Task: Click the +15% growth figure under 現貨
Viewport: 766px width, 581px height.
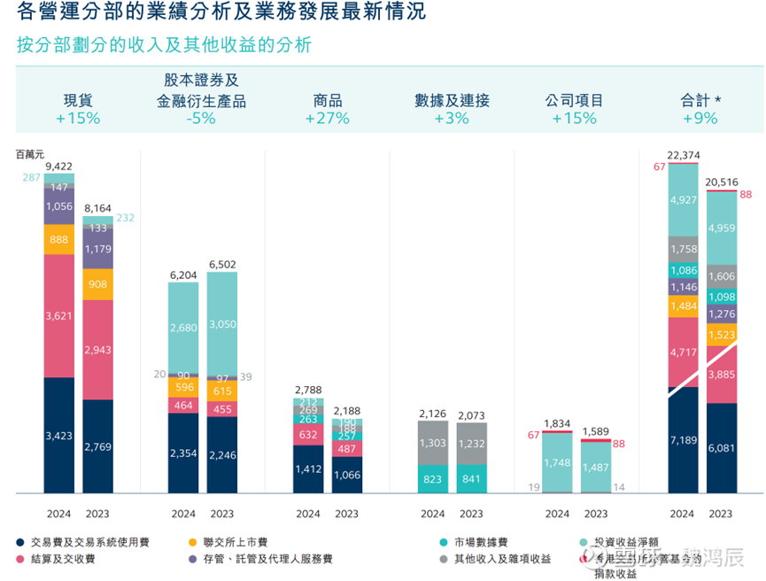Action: coord(78,119)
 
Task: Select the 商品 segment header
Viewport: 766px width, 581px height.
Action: coord(328,101)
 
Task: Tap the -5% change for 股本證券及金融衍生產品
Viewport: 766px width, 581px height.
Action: coord(201,119)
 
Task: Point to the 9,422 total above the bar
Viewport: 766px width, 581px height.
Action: coord(59,167)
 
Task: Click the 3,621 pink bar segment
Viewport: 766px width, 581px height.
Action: coord(59,315)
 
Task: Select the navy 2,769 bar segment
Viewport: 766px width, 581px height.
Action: coord(98,445)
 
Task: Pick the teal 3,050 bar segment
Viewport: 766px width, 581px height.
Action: coord(222,324)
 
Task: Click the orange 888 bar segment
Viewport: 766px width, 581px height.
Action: coord(59,239)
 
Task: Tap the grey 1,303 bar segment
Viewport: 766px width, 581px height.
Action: coord(433,443)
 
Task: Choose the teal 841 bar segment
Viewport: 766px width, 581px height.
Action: coord(471,479)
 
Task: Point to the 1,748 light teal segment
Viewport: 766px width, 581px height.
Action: coord(558,462)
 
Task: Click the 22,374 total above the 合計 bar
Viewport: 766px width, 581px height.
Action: coord(683,156)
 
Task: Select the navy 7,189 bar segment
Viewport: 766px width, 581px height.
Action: coord(683,440)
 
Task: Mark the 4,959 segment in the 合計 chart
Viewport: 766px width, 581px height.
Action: coord(722,228)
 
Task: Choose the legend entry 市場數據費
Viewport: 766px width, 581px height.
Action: coord(483,541)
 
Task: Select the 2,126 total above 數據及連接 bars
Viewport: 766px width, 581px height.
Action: coord(433,414)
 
